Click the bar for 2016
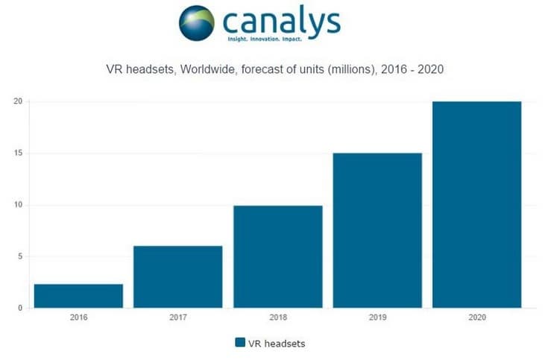(x=78, y=296)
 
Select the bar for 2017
(x=178, y=277)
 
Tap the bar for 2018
(x=277, y=256)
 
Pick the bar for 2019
(x=377, y=230)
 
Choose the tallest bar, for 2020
(x=476, y=205)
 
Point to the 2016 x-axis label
(x=78, y=317)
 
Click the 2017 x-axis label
(x=178, y=317)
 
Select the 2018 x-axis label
(x=277, y=317)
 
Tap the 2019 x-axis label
(x=377, y=317)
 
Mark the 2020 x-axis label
(x=476, y=317)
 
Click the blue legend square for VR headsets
(x=240, y=343)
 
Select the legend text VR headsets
(x=278, y=343)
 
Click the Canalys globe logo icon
(x=197, y=23)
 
